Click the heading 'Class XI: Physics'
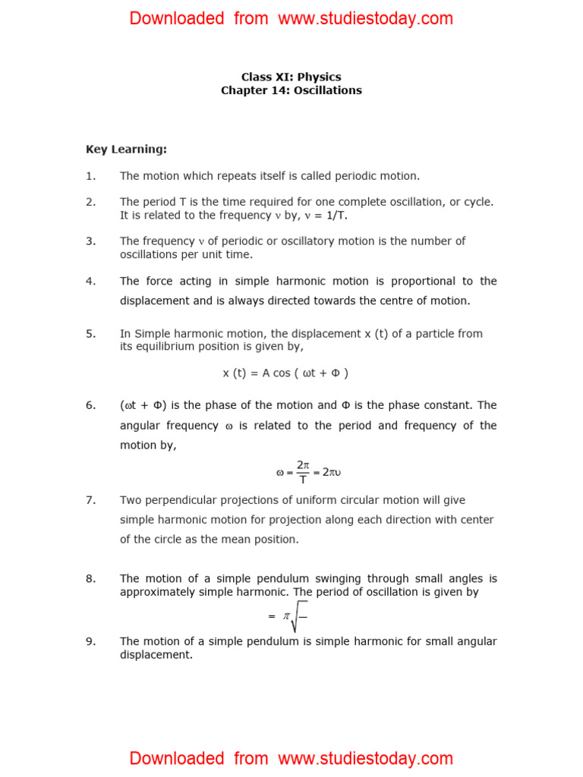pyautogui.click(x=291, y=77)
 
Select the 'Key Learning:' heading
pyautogui.click(x=126, y=149)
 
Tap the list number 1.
pyautogui.click(x=90, y=176)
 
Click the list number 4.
pyautogui.click(x=90, y=281)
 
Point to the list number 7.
pyautogui.click(x=90, y=500)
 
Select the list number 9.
pyautogui.click(x=90, y=641)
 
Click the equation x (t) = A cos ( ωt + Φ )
pyautogui.click(x=285, y=373)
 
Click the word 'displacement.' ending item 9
pyautogui.click(x=156, y=654)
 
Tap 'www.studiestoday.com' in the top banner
pyautogui.click(x=365, y=18)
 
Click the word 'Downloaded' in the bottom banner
pyautogui.click(x=176, y=758)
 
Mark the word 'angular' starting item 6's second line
pyautogui.click(x=141, y=426)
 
